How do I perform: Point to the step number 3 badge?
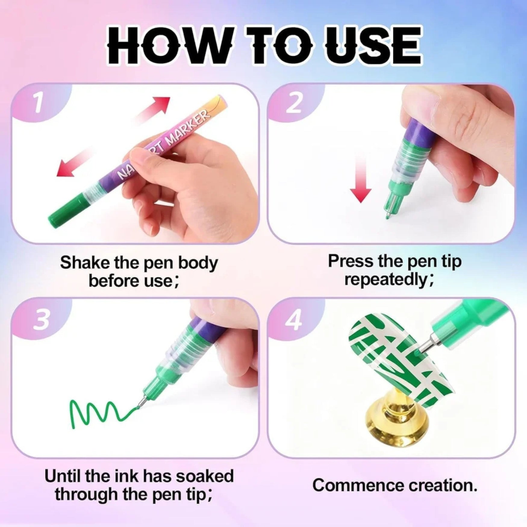pyautogui.click(x=41, y=320)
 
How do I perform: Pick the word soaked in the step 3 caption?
pyautogui.click(x=204, y=476)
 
